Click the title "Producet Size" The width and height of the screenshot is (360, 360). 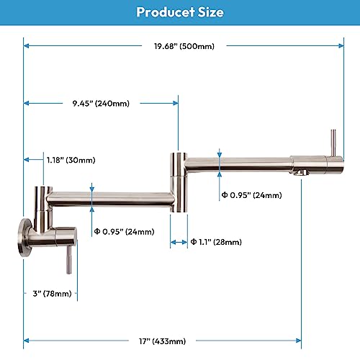pyautogui.click(x=180, y=12)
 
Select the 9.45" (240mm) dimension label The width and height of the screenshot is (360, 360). pyautogui.click(x=102, y=103)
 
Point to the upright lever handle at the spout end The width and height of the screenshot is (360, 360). pyautogui.click(x=333, y=143)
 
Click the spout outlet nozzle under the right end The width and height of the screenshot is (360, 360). pyautogui.click(x=300, y=174)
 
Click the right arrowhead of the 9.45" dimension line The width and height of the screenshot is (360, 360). pyautogui.click(x=176, y=103)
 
